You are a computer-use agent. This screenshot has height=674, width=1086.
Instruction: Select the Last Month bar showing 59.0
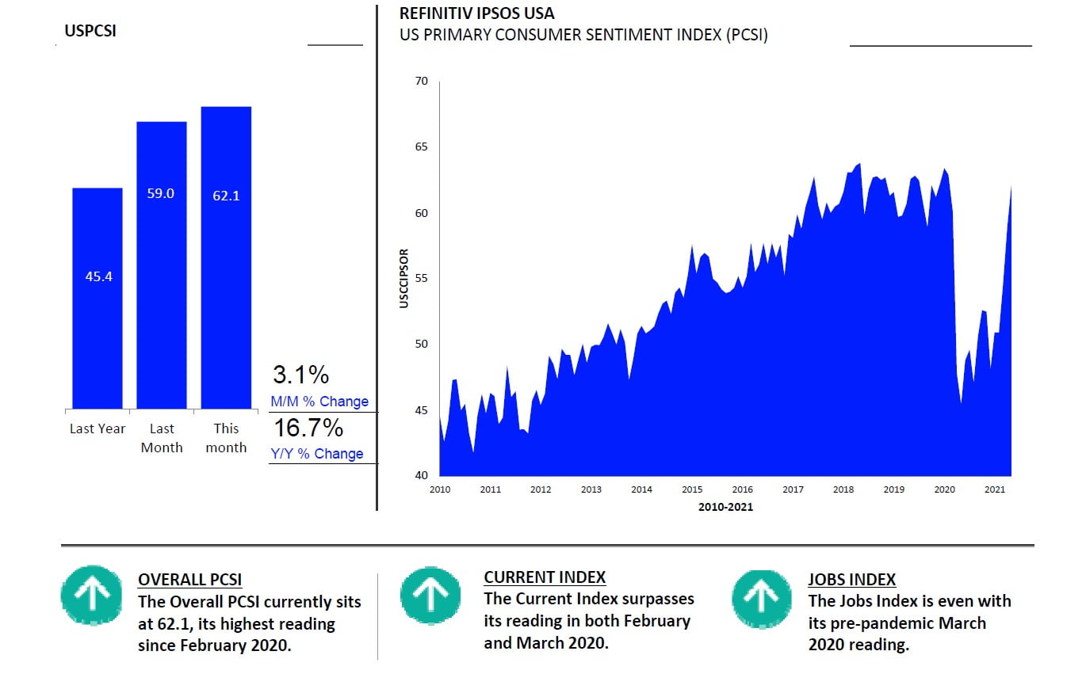(x=161, y=265)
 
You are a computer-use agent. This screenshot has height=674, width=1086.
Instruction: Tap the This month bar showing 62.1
(x=226, y=257)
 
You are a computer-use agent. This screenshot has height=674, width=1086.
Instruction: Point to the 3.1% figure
(x=300, y=375)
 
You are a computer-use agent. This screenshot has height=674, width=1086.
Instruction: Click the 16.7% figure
(x=308, y=428)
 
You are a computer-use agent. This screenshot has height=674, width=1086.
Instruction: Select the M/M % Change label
(x=319, y=402)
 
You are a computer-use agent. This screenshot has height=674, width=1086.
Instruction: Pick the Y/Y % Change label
(x=317, y=454)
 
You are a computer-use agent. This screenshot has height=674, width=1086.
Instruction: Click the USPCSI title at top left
(x=90, y=32)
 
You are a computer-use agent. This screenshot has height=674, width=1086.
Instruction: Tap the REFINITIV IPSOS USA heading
(x=476, y=14)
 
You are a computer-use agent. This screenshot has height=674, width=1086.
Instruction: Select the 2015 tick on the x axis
(x=692, y=489)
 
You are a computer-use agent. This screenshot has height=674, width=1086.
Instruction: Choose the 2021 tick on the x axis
(x=995, y=489)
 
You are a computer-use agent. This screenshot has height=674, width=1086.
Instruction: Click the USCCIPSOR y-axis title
(x=404, y=278)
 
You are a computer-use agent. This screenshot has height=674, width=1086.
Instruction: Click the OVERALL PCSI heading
(x=189, y=579)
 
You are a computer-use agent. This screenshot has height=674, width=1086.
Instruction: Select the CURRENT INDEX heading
(x=545, y=577)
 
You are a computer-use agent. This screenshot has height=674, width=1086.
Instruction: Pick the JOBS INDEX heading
(x=851, y=579)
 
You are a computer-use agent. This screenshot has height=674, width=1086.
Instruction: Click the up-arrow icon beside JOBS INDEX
(x=761, y=598)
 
